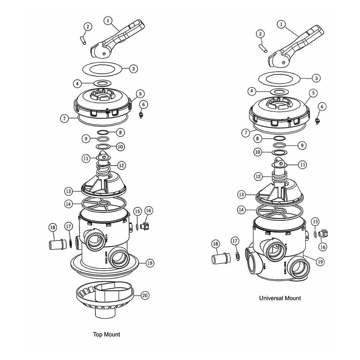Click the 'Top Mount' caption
click(x=106, y=334)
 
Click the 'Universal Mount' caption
click(x=280, y=298)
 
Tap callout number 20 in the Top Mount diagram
click(x=145, y=296)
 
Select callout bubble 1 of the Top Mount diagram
click(x=107, y=21)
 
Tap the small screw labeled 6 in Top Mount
click(x=141, y=114)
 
